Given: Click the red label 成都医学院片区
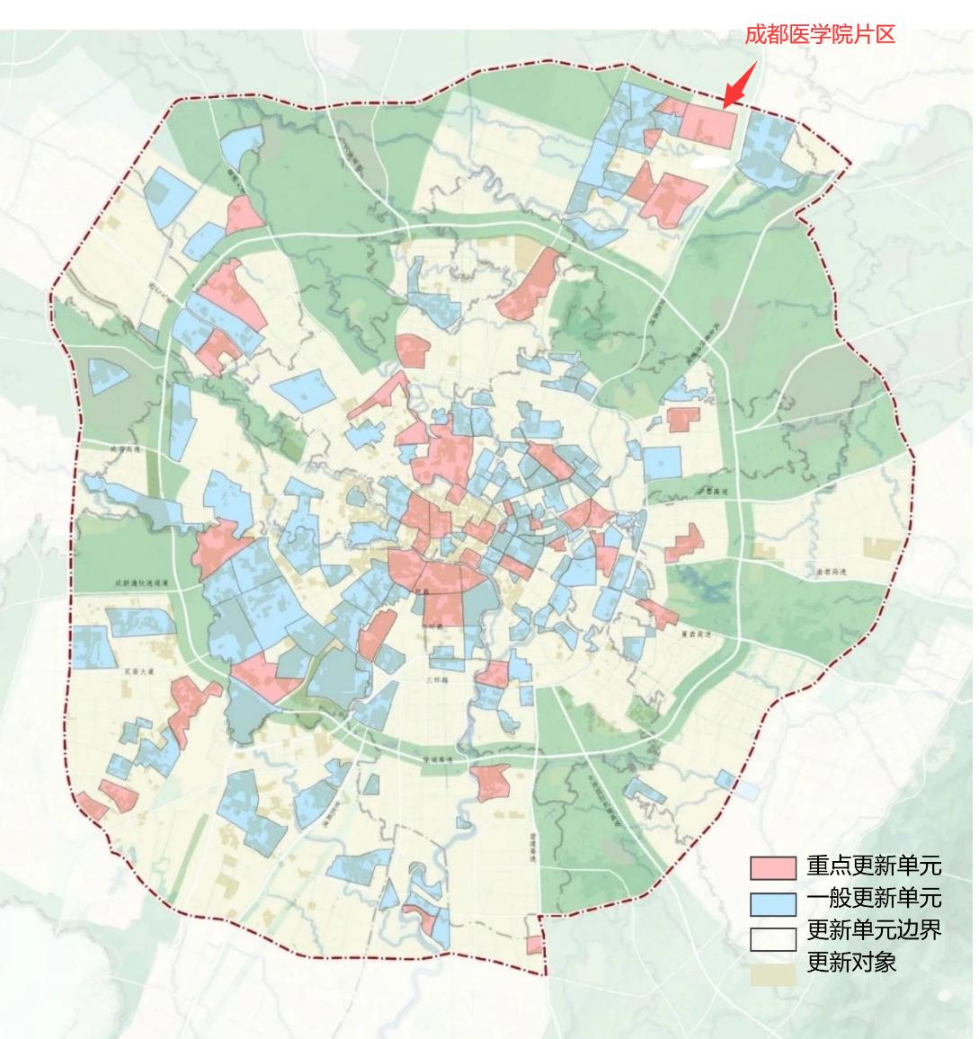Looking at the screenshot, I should click(x=820, y=35).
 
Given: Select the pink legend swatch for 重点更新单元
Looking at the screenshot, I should click(x=773, y=867).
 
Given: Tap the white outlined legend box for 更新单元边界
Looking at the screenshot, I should click(x=773, y=937).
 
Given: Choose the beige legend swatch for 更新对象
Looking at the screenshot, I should click(x=773, y=973).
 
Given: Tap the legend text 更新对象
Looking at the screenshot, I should click(x=851, y=963).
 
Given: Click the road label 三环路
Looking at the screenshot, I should click(x=438, y=680).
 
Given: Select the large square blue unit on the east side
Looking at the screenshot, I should click(x=662, y=463).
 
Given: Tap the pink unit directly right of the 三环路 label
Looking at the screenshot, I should click(x=494, y=674).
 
